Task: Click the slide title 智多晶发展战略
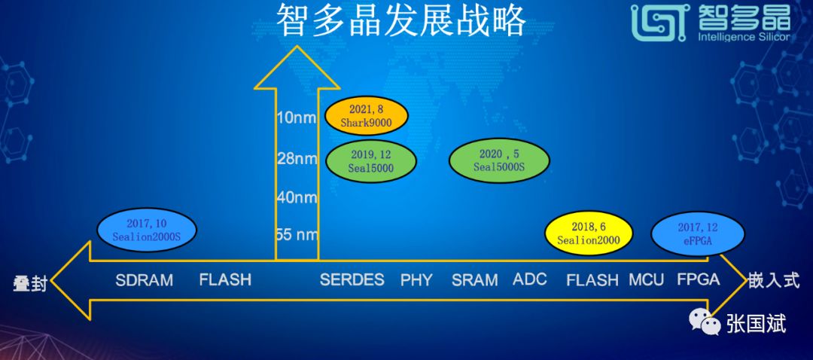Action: [x=400, y=20]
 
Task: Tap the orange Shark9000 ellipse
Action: [x=367, y=116]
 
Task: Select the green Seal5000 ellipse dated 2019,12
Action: [x=370, y=161]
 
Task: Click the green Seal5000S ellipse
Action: [x=499, y=160]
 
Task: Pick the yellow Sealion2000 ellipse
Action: [x=589, y=233]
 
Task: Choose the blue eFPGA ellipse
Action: [x=697, y=233]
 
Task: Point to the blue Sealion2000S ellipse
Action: [x=147, y=230]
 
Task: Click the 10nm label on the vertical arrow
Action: [x=296, y=117]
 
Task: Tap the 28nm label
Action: [x=297, y=158]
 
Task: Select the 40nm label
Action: [x=297, y=197]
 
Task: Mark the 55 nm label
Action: [x=297, y=234]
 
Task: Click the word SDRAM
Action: [x=144, y=281]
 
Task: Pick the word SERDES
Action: [x=352, y=279]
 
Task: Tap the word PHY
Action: [x=416, y=280]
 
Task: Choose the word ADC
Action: [x=530, y=279]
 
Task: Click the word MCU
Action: [x=646, y=280]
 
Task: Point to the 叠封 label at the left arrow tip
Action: [x=30, y=284]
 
